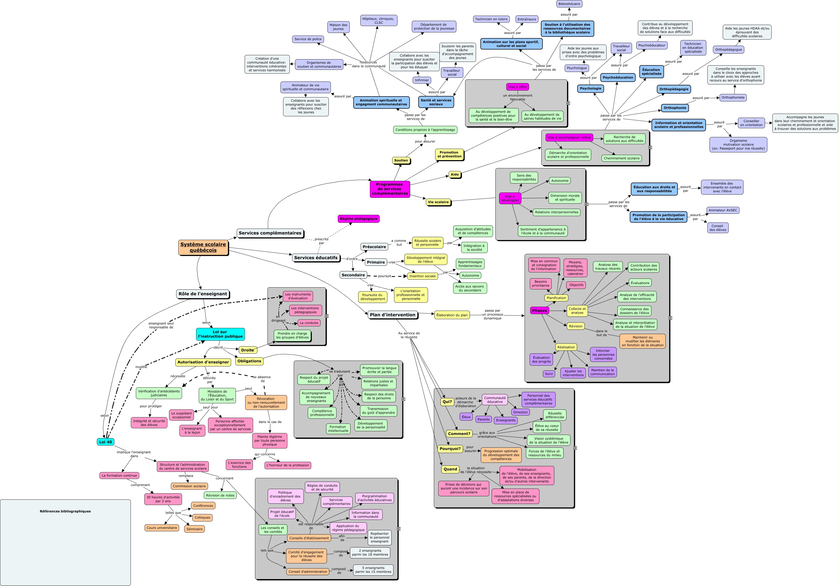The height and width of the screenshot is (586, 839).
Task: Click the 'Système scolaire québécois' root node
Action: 203,247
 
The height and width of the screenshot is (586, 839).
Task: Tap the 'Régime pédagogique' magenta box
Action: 358,219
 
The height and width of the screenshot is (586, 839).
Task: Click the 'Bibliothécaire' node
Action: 569,4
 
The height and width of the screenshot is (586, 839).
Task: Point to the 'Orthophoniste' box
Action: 733,98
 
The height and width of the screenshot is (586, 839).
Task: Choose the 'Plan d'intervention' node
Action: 392,315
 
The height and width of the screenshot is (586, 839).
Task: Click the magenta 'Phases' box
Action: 539,311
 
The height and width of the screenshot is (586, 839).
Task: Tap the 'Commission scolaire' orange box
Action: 189,486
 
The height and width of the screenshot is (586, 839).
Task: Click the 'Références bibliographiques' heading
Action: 65,511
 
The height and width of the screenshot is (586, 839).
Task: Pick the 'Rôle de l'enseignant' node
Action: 203,294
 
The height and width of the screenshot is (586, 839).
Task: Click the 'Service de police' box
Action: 308,39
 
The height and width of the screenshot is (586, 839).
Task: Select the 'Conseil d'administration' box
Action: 308,572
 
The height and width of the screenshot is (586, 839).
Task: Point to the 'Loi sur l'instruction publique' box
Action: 220,334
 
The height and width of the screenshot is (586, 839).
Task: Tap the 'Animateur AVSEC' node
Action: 723,210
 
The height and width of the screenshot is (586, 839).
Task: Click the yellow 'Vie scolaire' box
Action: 438,202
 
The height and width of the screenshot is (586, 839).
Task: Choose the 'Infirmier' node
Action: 422,80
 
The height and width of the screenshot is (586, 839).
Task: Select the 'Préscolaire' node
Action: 374,247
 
